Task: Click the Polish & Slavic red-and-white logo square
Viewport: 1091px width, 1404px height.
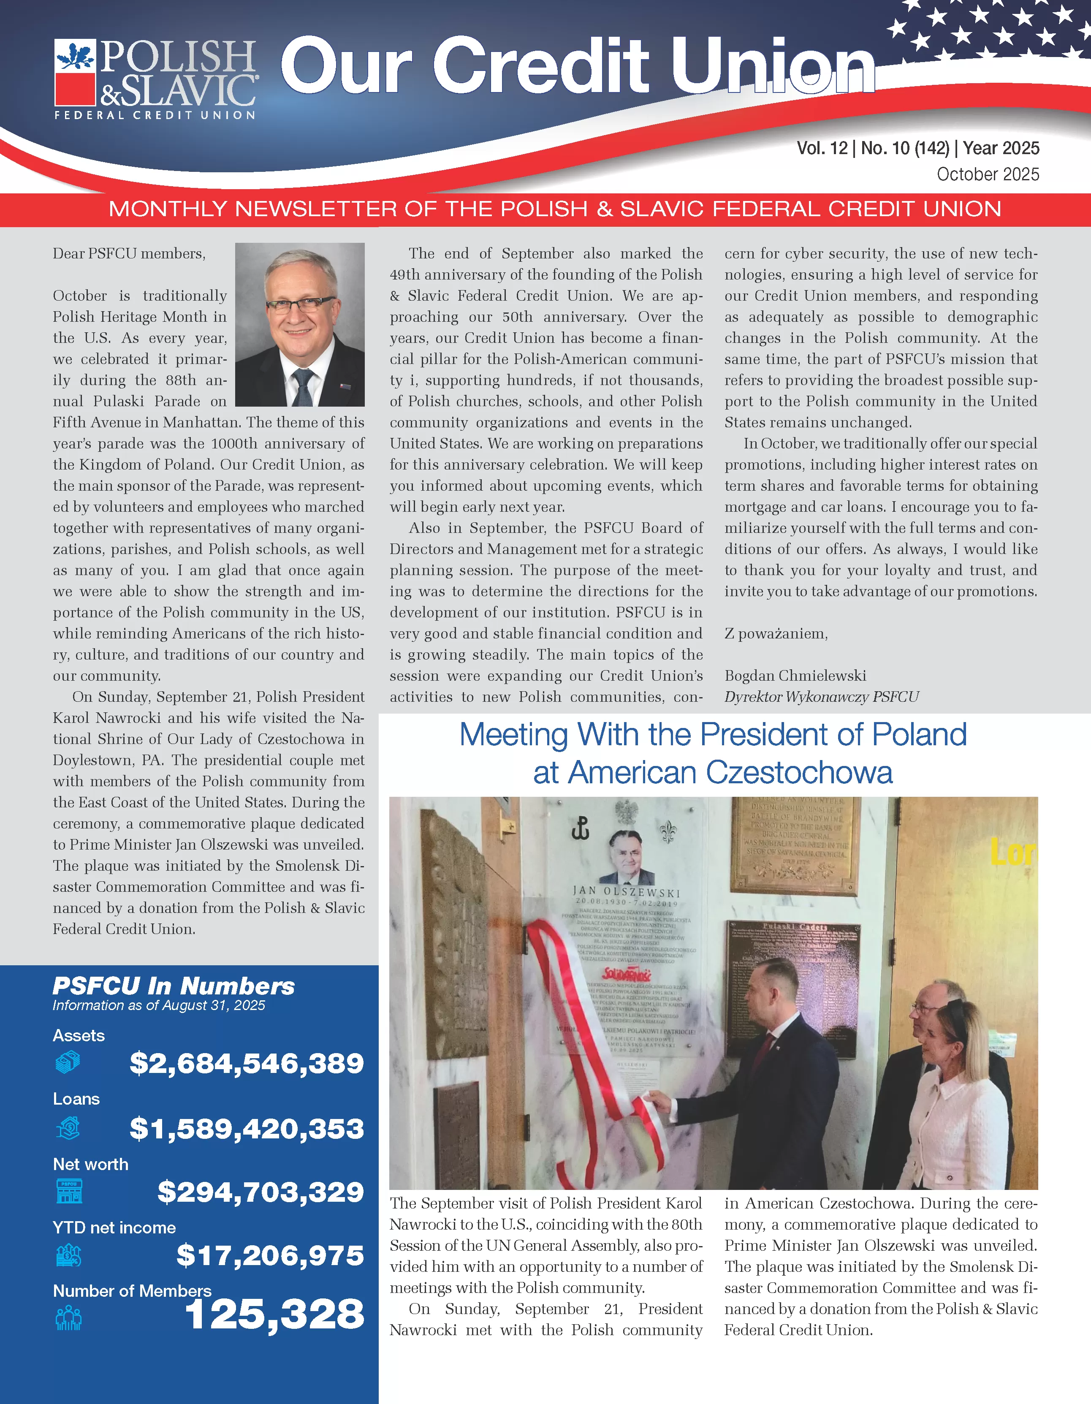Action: coord(75,71)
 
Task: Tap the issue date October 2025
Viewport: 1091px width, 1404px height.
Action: coord(988,174)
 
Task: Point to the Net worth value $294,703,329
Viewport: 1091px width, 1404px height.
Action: coord(261,1192)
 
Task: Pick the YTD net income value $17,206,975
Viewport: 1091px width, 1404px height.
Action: coord(270,1255)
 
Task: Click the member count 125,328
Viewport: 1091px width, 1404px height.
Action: coord(274,1314)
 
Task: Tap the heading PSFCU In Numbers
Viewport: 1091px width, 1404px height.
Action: coord(174,986)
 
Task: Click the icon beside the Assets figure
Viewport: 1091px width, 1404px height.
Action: coord(68,1062)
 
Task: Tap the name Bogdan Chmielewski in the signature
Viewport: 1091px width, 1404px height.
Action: coord(795,676)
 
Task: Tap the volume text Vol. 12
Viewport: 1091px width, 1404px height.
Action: coord(822,149)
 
